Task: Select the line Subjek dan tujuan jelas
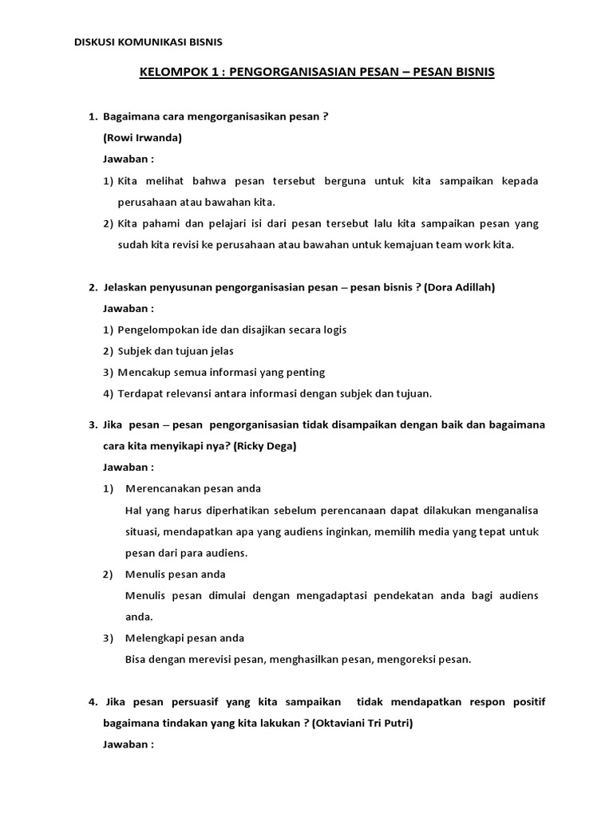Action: [x=175, y=351]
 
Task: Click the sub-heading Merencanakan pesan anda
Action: [x=193, y=488]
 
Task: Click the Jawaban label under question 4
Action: [x=129, y=744]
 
